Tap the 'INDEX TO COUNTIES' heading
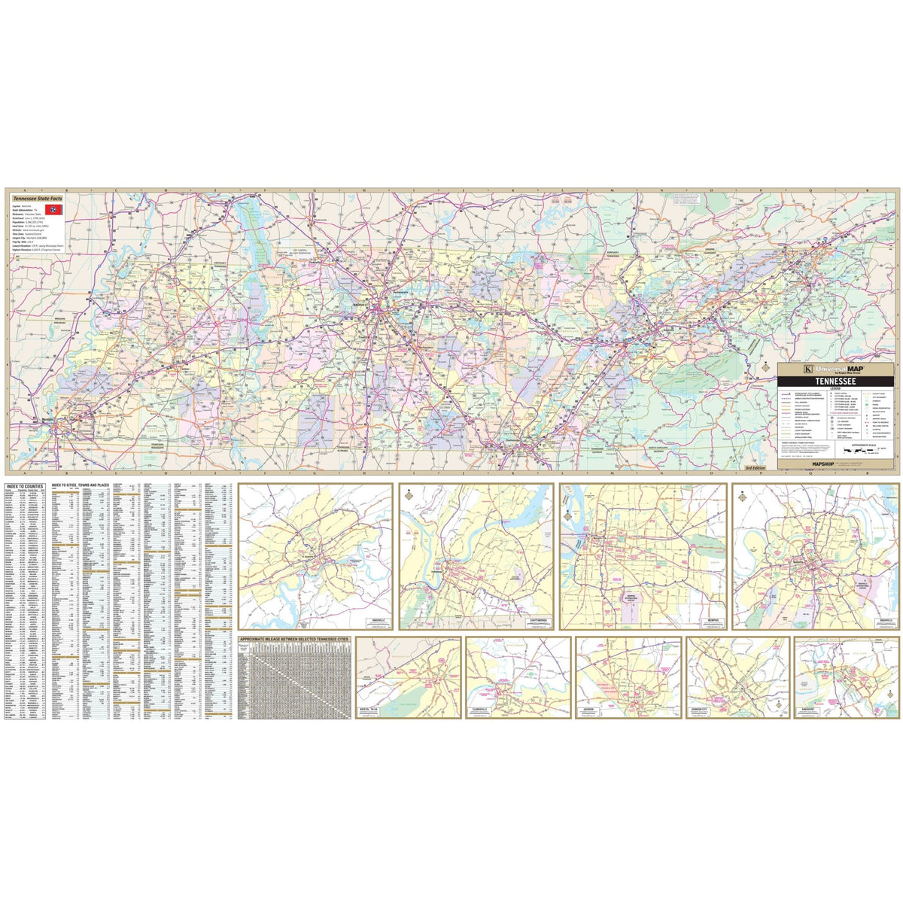23,487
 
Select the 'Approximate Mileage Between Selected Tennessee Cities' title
294,639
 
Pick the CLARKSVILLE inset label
482,710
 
